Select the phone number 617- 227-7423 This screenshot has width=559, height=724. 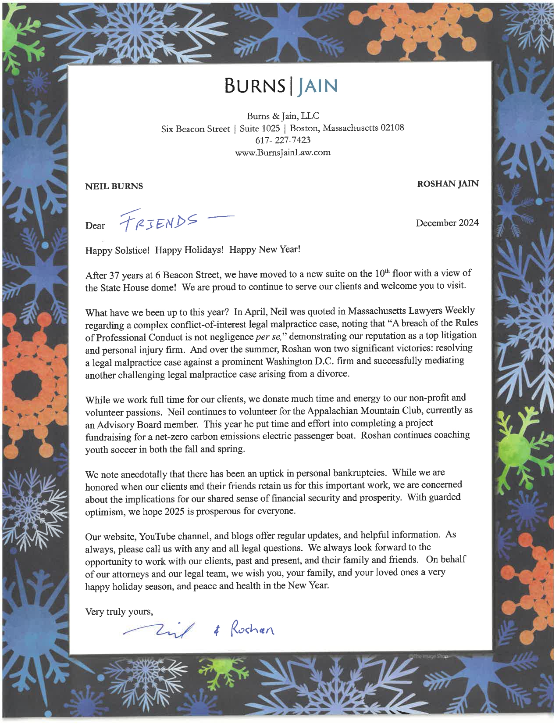click(282, 140)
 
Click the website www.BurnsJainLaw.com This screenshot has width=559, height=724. click(282, 153)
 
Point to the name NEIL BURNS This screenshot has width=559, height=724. click(114, 186)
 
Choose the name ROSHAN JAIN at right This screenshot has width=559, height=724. click(448, 184)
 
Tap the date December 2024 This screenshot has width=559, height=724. click(447, 222)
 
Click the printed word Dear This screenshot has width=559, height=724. click(95, 226)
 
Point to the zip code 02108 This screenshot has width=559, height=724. click(392, 128)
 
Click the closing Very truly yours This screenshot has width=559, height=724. click(119, 611)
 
